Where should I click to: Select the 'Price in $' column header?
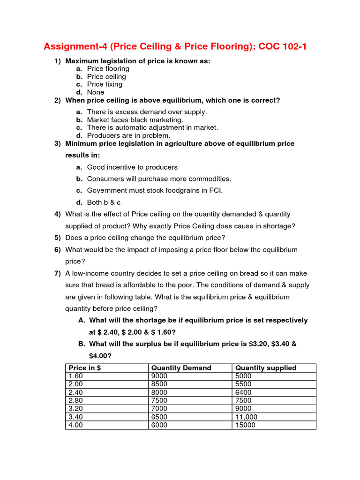tap(85, 368)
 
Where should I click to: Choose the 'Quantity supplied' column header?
tap(266, 368)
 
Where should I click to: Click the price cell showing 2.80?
tap(75, 400)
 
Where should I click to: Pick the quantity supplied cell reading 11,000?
tap(247, 417)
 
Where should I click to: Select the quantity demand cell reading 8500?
tap(159, 384)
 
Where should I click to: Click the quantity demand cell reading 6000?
tap(159, 425)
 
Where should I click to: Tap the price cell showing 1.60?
tap(75, 376)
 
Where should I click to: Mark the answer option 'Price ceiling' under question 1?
tap(106, 76)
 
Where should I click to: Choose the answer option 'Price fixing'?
tap(105, 84)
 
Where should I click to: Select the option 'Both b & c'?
tap(104, 202)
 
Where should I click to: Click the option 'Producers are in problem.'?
tap(128, 135)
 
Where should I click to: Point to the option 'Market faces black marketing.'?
tap(135, 120)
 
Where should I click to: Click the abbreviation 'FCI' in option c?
tap(215, 190)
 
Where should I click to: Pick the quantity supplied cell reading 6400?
tap(243, 392)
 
